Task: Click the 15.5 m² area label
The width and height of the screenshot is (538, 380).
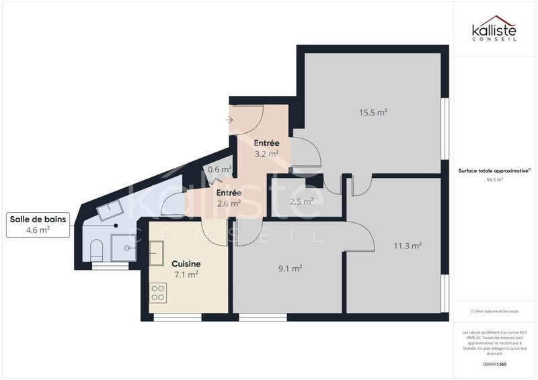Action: pyautogui.click(x=373, y=113)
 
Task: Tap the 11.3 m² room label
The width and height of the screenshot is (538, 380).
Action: pyautogui.click(x=408, y=246)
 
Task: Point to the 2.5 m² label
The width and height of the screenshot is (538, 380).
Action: pyautogui.click(x=302, y=201)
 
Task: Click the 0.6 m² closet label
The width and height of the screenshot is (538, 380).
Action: pyautogui.click(x=219, y=170)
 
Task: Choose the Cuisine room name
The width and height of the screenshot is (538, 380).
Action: pyautogui.click(x=186, y=264)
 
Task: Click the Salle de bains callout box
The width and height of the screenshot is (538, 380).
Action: pyautogui.click(x=38, y=224)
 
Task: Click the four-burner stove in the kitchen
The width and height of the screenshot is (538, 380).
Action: pyautogui.click(x=158, y=292)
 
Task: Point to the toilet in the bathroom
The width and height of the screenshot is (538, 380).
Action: pyautogui.click(x=96, y=249)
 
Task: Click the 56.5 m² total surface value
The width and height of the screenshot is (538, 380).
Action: pyautogui.click(x=495, y=180)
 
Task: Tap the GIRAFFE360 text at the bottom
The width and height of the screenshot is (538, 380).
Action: pyautogui.click(x=495, y=363)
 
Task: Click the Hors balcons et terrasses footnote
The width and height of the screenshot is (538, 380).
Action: pyautogui.click(x=495, y=311)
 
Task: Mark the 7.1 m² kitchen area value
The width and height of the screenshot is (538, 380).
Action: pyautogui.click(x=186, y=274)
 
